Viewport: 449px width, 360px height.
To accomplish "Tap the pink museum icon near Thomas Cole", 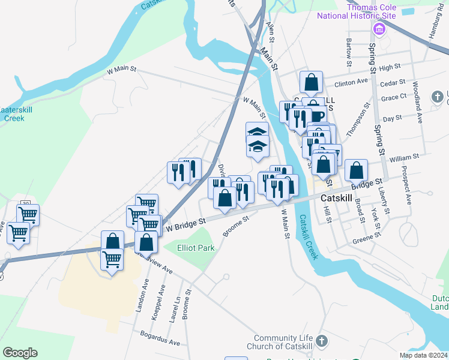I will click(379, 29).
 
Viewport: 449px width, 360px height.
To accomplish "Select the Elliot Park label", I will click(196, 248).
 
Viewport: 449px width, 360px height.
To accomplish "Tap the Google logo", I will click(20, 353).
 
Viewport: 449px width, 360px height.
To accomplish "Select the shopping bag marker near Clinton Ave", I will click(312, 82).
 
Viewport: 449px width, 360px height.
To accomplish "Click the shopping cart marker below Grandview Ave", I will click(112, 260).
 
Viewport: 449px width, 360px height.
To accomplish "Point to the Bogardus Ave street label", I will click(160, 338).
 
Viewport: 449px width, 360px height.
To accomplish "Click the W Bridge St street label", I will click(186, 224).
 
